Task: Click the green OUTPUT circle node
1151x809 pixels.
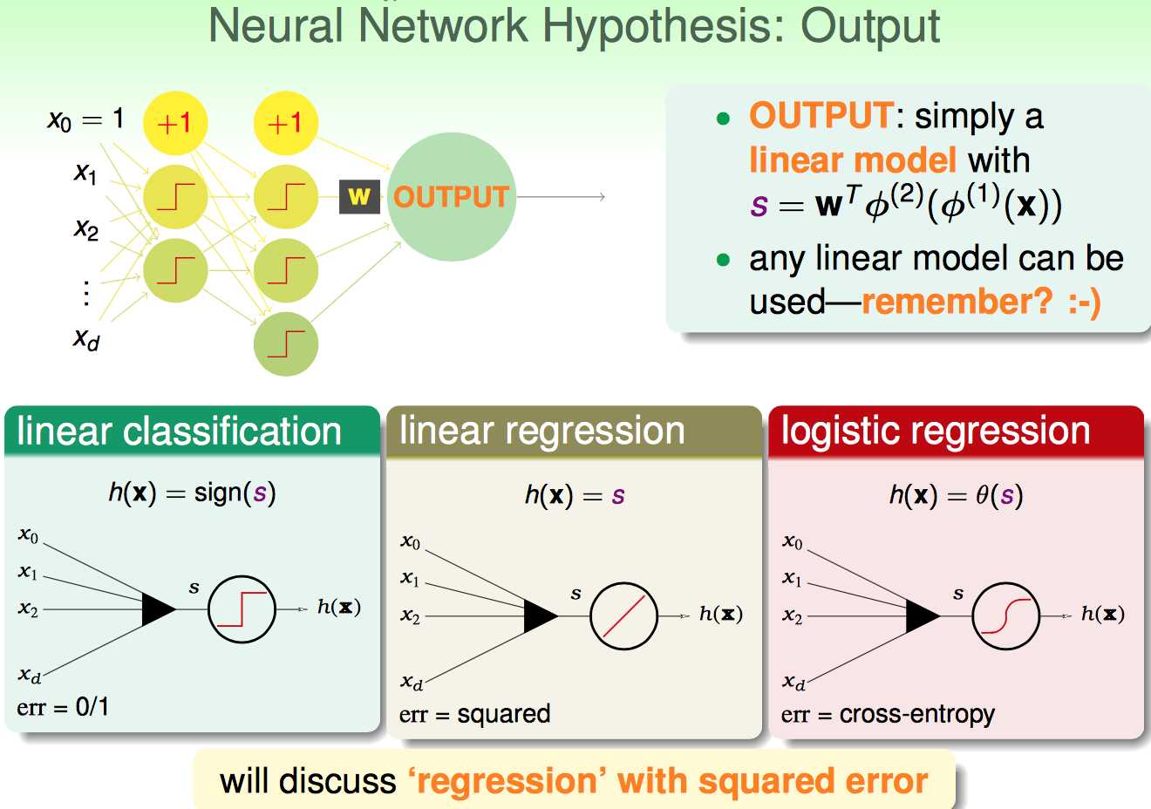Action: pos(451,197)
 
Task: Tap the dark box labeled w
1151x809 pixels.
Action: pos(359,196)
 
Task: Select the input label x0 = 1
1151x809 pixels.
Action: pos(85,119)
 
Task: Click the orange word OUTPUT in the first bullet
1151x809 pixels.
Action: pos(820,116)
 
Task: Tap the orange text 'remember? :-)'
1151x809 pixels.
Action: pos(980,302)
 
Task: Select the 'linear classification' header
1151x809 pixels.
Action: pos(179,432)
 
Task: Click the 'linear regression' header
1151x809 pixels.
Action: pos(541,432)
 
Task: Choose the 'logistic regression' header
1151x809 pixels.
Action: pos(935,432)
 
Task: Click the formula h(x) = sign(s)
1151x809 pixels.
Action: pos(192,493)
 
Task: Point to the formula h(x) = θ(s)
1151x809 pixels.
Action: pos(956,496)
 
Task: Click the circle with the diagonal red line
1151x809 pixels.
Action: pos(623,616)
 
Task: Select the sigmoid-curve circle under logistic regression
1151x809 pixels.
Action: pos(1005,616)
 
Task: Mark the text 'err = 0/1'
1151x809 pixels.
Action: pos(63,707)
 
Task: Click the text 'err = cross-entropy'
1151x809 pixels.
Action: pos(888,715)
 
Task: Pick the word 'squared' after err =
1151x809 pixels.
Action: pos(503,715)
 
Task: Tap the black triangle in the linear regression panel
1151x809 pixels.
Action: pos(540,616)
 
